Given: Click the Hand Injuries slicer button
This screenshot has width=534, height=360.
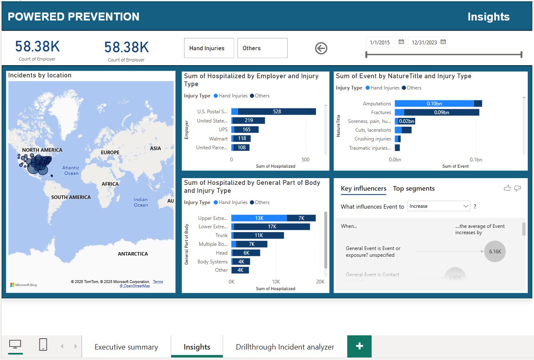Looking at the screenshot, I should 207,48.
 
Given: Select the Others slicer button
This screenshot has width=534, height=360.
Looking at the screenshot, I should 262,48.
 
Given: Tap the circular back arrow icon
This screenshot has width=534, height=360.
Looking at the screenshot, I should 321,49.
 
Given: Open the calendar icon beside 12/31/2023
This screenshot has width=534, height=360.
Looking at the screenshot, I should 443,42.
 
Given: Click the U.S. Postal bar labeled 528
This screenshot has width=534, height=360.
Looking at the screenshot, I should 277,112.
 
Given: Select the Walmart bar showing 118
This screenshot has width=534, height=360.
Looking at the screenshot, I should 242,138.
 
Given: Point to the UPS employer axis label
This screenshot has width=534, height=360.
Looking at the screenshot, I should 223,130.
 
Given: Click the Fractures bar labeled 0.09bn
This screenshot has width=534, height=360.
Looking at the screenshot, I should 441,112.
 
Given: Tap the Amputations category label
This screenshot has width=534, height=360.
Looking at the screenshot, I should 377,104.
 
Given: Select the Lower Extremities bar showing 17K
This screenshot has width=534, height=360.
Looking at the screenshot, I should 272,227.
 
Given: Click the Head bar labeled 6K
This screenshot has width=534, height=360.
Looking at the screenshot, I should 246,253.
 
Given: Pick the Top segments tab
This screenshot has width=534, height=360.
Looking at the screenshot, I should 413,189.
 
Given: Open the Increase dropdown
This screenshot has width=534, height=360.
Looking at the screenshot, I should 439,206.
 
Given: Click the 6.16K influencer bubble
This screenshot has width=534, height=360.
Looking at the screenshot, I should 495,252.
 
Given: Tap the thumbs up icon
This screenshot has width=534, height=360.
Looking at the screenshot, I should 507,189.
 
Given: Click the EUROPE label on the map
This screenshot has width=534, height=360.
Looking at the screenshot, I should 110,153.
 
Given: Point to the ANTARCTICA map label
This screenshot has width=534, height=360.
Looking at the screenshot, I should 133,254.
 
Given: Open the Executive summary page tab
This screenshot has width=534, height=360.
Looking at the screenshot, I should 126,347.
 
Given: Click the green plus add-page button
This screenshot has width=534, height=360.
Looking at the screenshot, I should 359,346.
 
